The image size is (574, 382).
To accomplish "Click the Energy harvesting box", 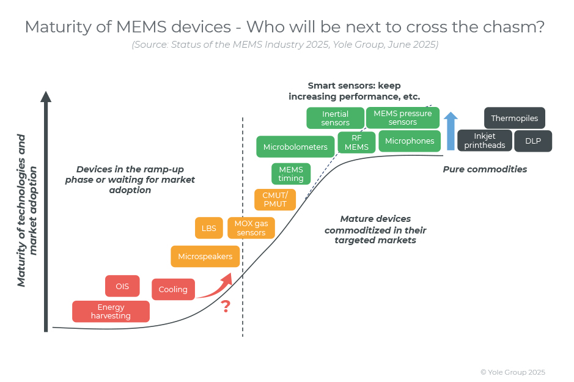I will (x=111, y=312).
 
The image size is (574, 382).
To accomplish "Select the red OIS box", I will (x=122, y=286).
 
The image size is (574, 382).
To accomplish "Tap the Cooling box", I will (x=173, y=289).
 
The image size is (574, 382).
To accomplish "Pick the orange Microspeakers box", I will (x=205, y=257).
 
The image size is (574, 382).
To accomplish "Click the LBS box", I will (x=208, y=228).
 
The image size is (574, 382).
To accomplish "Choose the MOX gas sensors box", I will (x=251, y=228).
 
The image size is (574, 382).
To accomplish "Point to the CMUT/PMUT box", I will (x=274, y=199).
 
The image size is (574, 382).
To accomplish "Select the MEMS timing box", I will (x=291, y=174).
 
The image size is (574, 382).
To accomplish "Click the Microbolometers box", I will (x=295, y=147).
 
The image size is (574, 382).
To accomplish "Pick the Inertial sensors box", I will (x=335, y=118).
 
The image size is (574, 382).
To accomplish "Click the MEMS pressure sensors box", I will (x=402, y=117).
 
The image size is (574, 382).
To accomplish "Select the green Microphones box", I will (x=410, y=141).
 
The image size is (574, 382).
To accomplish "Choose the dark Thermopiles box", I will (x=515, y=118).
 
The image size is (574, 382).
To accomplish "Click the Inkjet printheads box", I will (x=485, y=141).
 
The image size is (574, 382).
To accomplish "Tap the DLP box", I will (x=533, y=141).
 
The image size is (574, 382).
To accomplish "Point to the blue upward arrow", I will (x=451, y=131).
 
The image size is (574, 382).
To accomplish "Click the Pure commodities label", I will (x=484, y=169).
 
